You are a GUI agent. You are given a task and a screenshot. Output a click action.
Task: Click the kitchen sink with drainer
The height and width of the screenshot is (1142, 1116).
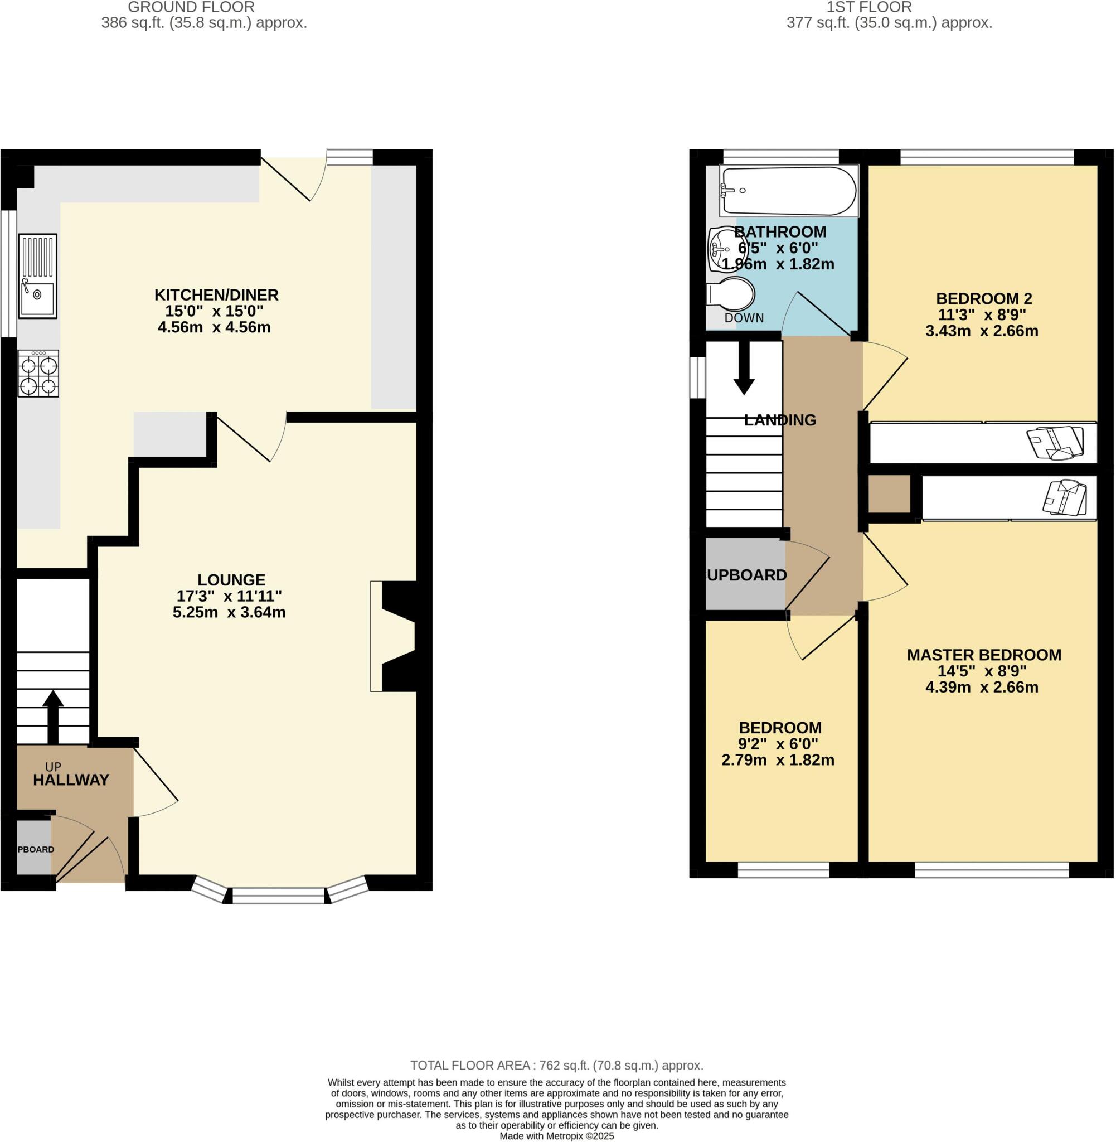pyautogui.click(x=37, y=275)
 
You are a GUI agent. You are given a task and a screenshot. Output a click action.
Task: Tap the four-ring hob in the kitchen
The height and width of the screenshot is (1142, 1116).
pyautogui.click(x=38, y=374)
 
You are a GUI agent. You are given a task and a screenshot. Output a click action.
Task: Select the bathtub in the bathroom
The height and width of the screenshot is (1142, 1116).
pyautogui.click(x=788, y=191)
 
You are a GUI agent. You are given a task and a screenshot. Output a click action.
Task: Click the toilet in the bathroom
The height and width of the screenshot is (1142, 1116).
pyautogui.click(x=730, y=294)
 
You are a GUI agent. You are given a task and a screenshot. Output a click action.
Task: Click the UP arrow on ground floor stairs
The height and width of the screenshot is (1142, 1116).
pyautogui.click(x=53, y=716)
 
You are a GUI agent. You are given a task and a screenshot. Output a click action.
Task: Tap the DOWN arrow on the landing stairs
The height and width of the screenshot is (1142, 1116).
pyautogui.click(x=744, y=367)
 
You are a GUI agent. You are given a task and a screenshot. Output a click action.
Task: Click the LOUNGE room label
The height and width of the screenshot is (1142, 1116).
pyautogui.click(x=231, y=580)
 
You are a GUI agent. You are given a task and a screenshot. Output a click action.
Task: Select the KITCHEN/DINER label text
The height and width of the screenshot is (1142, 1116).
pyautogui.click(x=216, y=294)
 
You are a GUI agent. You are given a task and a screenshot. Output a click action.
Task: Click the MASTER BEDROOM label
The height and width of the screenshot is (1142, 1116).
pyautogui.click(x=983, y=655)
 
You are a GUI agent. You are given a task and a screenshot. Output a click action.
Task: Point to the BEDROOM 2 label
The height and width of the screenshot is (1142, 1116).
pyautogui.click(x=983, y=298)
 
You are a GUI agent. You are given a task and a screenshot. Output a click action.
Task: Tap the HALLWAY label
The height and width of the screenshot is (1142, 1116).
pyautogui.click(x=71, y=780)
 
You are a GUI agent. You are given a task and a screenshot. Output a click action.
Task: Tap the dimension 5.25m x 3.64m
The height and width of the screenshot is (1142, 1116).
pyautogui.click(x=229, y=613)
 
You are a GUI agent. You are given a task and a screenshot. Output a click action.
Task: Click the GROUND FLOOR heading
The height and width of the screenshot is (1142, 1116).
pyautogui.click(x=191, y=8)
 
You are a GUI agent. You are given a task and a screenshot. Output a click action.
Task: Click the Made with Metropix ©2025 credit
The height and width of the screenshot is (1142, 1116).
pyautogui.click(x=556, y=1135)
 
